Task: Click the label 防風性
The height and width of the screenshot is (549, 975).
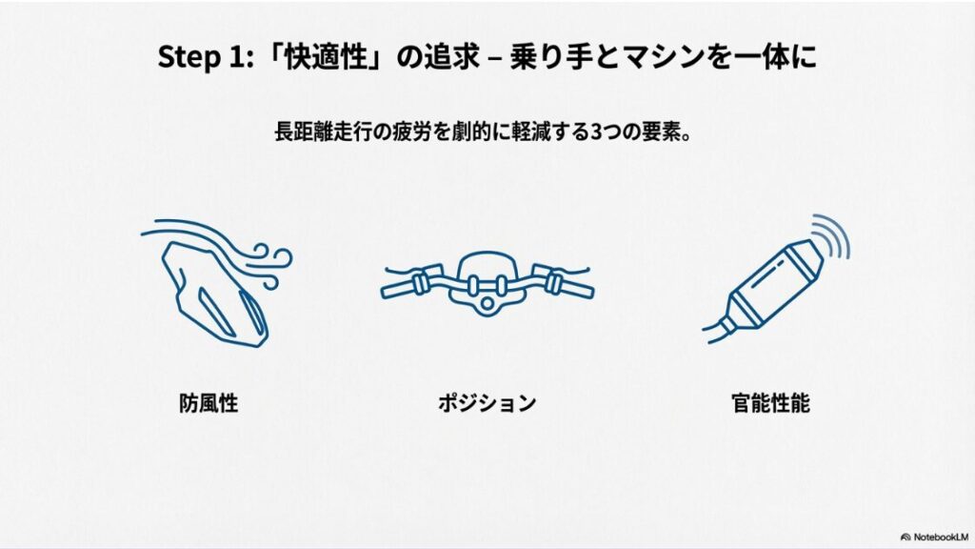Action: point(208,403)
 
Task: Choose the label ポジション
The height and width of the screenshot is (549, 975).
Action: point(487,403)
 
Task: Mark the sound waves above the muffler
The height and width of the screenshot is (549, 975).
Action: point(829,236)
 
